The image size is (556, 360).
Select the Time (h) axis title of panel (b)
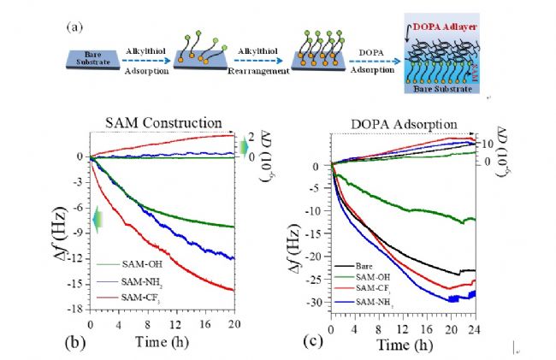click(x=163, y=341)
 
